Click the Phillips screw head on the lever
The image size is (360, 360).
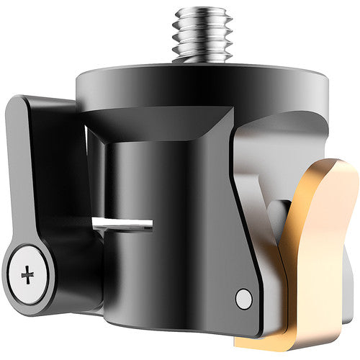point(28,274)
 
